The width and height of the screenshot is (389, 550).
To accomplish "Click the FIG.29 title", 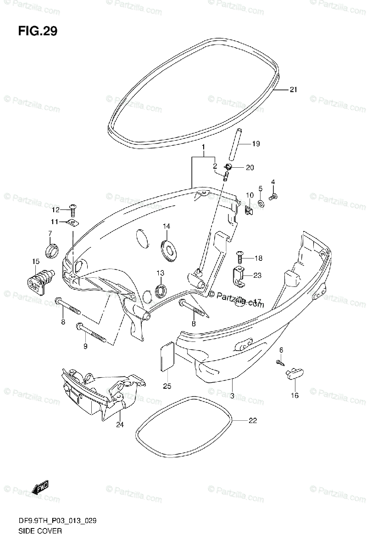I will pyautogui.click(x=38, y=32).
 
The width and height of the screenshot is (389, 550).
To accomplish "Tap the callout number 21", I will pyautogui.click(x=293, y=90).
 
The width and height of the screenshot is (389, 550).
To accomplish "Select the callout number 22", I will pyautogui.click(x=252, y=420).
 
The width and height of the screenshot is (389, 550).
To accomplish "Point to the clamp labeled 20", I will pyautogui.click(x=228, y=166).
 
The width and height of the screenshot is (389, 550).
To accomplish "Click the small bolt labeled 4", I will pyautogui.click(x=273, y=197).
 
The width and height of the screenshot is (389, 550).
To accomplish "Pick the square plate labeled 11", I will pyautogui.click(x=72, y=223).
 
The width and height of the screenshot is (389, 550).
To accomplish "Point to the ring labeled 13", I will pyautogui.click(x=161, y=290).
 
